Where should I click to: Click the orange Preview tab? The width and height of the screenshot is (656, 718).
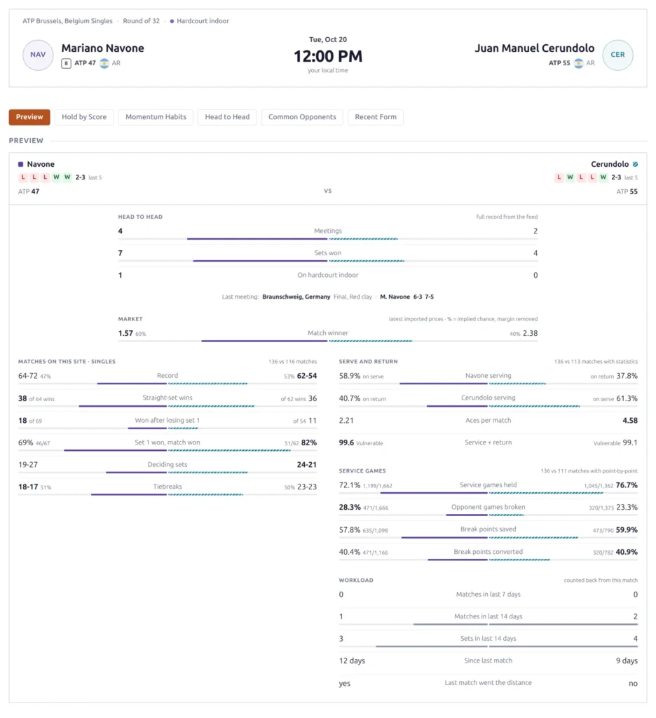pyautogui.click(x=29, y=117)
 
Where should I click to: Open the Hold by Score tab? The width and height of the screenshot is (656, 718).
pyautogui.click(x=84, y=117)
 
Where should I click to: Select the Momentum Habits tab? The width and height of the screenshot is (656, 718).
pyautogui.click(x=156, y=117)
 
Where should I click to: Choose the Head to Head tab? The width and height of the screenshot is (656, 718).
pyautogui.click(x=227, y=117)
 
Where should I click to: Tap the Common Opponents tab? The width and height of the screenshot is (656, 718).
pyautogui.click(x=302, y=117)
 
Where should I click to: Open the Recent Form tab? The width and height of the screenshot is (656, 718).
pyautogui.click(x=376, y=117)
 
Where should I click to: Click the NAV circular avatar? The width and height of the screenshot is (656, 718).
pyautogui.click(x=38, y=55)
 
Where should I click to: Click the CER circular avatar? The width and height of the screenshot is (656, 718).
pyautogui.click(x=617, y=55)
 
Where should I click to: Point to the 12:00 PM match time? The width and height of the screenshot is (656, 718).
pyautogui.click(x=328, y=56)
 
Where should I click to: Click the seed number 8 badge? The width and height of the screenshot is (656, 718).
pyautogui.click(x=67, y=64)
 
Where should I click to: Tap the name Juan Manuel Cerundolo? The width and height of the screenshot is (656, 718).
pyautogui.click(x=534, y=48)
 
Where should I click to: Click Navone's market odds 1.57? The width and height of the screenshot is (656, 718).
pyautogui.click(x=125, y=333)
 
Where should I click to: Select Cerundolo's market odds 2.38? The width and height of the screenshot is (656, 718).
pyautogui.click(x=530, y=333)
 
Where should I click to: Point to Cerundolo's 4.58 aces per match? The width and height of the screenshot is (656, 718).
pyautogui.click(x=630, y=421)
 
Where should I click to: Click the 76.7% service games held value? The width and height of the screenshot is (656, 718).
pyautogui.click(x=627, y=485)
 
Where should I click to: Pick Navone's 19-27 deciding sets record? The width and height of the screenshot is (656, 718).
pyautogui.click(x=28, y=465)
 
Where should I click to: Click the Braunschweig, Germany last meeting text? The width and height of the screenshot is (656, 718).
pyautogui.click(x=296, y=297)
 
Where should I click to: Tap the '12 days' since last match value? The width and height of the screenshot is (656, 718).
pyautogui.click(x=352, y=661)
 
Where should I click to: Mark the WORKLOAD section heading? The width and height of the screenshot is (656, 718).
pyautogui.click(x=356, y=580)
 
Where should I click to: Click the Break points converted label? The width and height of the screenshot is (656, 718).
pyautogui.click(x=488, y=552)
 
